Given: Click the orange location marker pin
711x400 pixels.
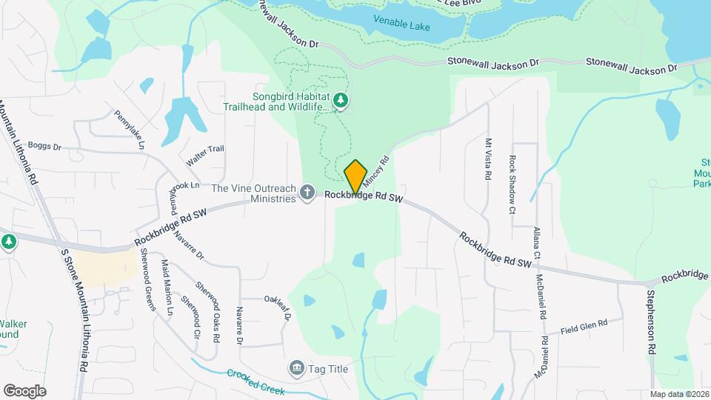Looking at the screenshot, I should click(355, 176).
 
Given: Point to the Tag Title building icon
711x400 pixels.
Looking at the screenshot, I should click(296, 367).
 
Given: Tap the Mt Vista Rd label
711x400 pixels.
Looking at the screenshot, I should click(488, 159).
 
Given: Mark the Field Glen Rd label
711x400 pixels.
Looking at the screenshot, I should click(584, 327).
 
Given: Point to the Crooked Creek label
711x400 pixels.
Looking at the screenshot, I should click(256, 381).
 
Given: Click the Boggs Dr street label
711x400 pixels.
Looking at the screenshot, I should click(46, 147).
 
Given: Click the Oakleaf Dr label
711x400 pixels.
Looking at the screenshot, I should click(278, 307).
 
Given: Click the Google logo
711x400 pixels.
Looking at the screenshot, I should click(24, 390).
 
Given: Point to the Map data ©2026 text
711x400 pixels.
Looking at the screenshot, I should click(679, 394).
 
